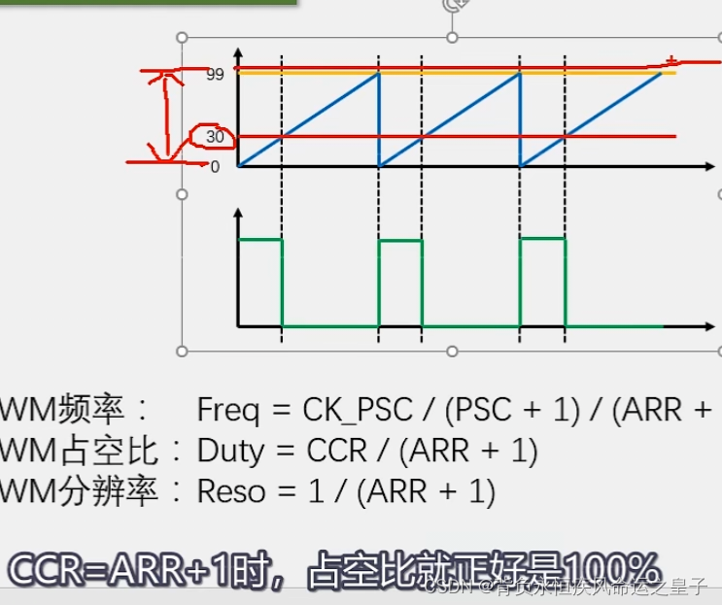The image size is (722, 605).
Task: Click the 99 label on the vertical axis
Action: coord(216,75)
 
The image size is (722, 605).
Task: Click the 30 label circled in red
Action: coord(215,137)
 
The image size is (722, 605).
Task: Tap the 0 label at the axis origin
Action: coord(216,167)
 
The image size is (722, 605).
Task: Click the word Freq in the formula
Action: coord(228,410)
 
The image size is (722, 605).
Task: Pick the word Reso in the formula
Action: coord(231,491)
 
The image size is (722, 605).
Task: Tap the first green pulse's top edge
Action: coord(260,238)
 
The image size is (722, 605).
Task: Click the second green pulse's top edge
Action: coord(400,239)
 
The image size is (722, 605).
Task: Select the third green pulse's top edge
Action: coord(542,238)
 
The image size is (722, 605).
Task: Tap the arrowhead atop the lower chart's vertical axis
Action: coord(239,211)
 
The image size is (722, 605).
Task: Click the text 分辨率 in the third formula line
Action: coord(108,491)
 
